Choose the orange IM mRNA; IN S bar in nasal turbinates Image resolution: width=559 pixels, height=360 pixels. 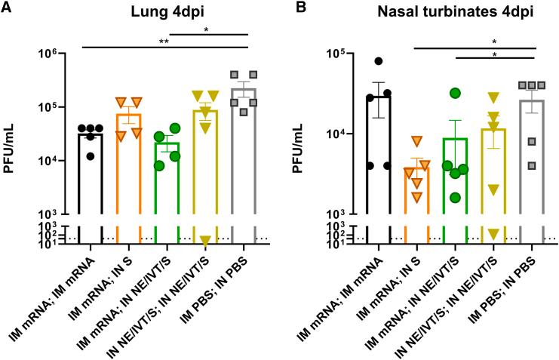pos(416,204)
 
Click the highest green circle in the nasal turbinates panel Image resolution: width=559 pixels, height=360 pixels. pos(455,93)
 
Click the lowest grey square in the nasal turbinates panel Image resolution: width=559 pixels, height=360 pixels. pos(532,165)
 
